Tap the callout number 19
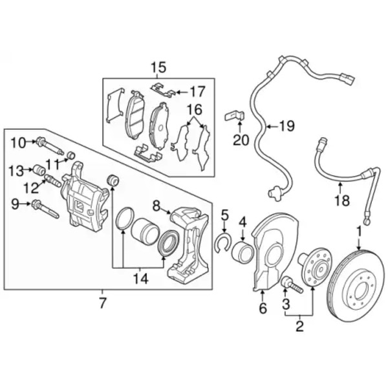[x=286, y=126]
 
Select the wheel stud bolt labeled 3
[x=292, y=286]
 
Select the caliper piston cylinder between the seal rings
[x=144, y=231]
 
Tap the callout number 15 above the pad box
[x=158, y=67]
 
